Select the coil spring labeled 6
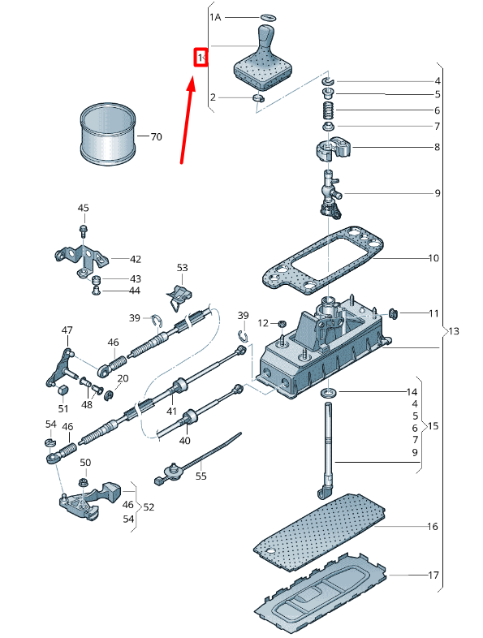point(329,110)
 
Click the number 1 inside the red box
point(200,58)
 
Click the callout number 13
point(453,331)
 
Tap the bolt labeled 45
point(84,231)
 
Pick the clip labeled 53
point(179,295)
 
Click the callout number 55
point(201,476)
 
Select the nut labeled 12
point(281,324)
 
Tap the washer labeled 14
point(329,393)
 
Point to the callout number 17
point(433,575)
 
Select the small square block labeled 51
point(63,390)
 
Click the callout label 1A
point(215,17)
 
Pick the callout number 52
point(149,507)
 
